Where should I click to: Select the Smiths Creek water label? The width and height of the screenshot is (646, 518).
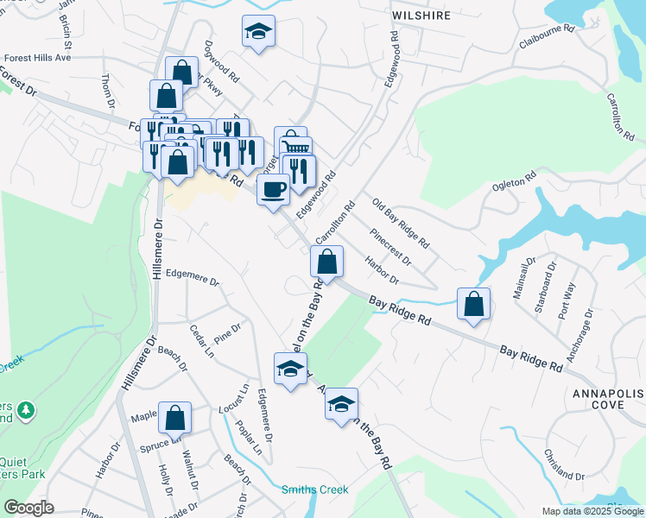click(314, 490)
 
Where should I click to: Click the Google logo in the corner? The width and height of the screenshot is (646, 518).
click(28, 508)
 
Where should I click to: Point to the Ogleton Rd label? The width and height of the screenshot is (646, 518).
click(516, 174)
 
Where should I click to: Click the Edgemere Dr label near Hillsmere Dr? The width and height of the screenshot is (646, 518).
click(193, 281)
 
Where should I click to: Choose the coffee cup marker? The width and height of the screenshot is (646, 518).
click(274, 188)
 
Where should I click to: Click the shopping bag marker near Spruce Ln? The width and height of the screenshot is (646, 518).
click(174, 418)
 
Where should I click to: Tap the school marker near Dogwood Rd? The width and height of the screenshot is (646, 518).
click(258, 31)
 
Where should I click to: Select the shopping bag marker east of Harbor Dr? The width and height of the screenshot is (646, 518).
click(473, 304)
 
